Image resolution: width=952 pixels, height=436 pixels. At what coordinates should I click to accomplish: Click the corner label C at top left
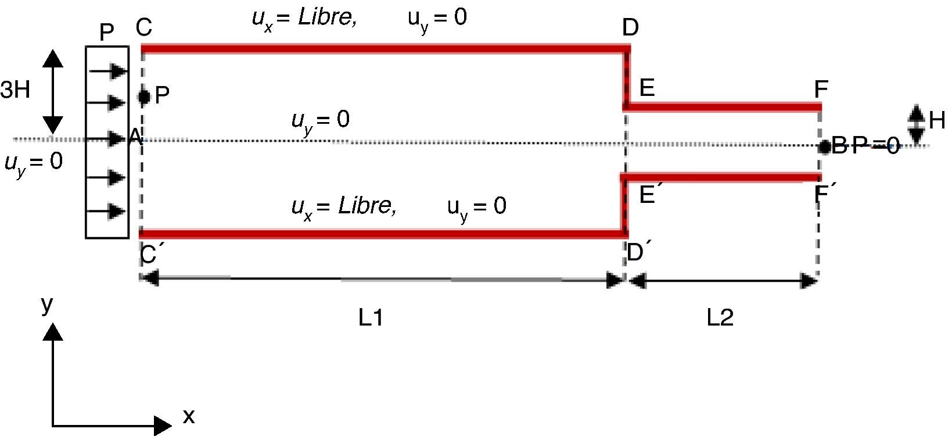(x=144, y=27)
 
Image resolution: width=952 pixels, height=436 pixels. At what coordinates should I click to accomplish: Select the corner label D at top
(x=630, y=27)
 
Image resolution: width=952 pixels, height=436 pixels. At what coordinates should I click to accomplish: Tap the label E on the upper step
(x=647, y=88)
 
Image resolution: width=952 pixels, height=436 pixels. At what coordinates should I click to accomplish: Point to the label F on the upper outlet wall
(x=821, y=90)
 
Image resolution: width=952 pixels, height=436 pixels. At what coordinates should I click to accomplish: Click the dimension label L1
(x=371, y=317)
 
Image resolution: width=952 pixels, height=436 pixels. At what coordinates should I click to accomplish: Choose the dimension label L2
(x=720, y=317)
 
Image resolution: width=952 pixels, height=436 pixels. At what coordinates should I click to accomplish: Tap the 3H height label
(x=15, y=90)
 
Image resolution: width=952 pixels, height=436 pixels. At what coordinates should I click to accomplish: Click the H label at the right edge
(x=936, y=121)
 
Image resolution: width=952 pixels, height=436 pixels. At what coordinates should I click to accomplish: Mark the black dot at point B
(x=824, y=146)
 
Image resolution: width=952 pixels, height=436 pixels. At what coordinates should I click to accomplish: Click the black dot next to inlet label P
(x=144, y=96)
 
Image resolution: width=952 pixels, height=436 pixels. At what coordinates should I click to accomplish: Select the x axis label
(x=188, y=416)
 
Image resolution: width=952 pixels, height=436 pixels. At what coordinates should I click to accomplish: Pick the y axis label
(x=47, y=305)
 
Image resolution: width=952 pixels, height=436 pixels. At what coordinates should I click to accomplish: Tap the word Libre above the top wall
(x=327, y=17)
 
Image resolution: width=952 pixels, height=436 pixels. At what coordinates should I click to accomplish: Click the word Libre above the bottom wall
(x=367, y=205)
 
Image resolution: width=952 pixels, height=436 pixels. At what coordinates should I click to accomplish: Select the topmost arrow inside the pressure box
(x=109, y=71)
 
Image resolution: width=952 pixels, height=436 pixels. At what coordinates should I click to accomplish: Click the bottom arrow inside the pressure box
(x=109, y=211)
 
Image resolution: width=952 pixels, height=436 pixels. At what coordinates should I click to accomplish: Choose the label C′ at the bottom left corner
(x=150, y=254)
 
